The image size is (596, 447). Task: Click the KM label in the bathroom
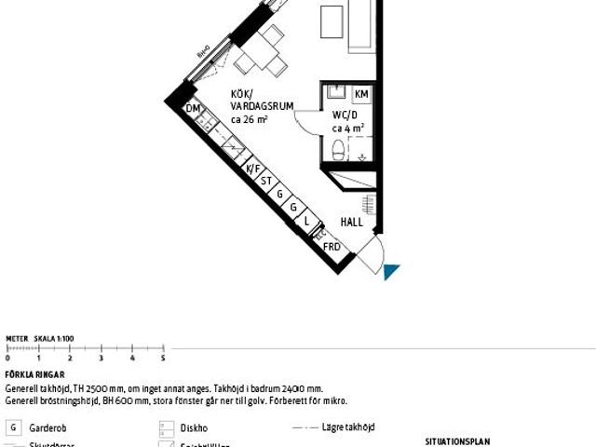pos(361,95)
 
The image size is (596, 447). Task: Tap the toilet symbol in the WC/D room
pos(338,148)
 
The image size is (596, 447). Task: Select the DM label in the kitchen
pos(194,110)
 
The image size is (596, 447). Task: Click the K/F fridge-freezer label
pos(251,169)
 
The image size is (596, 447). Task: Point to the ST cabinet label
pos(265,182)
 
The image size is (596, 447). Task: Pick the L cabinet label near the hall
pos(306,221)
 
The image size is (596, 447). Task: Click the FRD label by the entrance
pos(332,247)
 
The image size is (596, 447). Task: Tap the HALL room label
pos(351,223)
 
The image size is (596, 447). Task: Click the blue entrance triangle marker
pos(391,271)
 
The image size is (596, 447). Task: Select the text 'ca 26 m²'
pos(249,119)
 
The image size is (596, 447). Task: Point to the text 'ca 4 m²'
pos(347,129)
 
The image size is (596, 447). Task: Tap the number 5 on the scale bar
pos(163,358)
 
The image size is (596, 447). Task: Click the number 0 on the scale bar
pos(7,358)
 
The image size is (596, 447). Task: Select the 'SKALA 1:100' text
pos(53,339)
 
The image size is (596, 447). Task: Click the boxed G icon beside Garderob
pos(13,428)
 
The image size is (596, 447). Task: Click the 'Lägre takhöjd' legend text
pos(349,427)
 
